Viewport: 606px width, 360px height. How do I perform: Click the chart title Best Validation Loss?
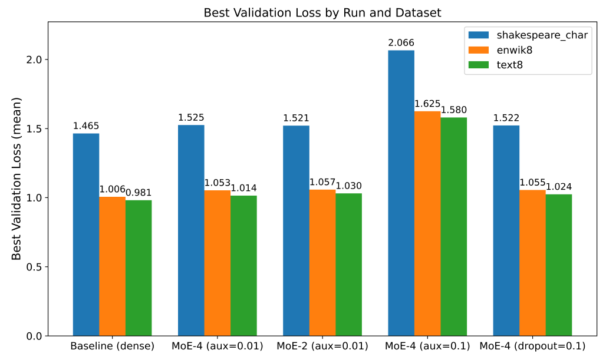tap(322, 12)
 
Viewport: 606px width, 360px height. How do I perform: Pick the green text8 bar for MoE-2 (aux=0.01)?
tap(348, 265)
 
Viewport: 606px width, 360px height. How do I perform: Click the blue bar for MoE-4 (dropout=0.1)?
tap(506, 230)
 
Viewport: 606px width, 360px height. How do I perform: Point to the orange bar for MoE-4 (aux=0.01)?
tap(217, 263)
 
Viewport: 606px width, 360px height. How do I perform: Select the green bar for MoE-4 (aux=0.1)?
tap(453, 227)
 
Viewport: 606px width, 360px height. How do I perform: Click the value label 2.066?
tap(401, 43)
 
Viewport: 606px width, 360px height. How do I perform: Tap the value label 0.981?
tap(139, 193)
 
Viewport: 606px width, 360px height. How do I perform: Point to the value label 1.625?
tap(427, 104)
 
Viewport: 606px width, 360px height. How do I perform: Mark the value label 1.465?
tap(86, 126)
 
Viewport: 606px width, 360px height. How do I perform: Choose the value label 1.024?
tap(558, 187)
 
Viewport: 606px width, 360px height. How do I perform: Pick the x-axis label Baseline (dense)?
tap(112, 346)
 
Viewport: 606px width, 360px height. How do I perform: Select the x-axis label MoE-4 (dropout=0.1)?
tap(532, 346)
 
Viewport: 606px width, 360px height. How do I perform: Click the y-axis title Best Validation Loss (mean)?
tap(17, 179)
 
